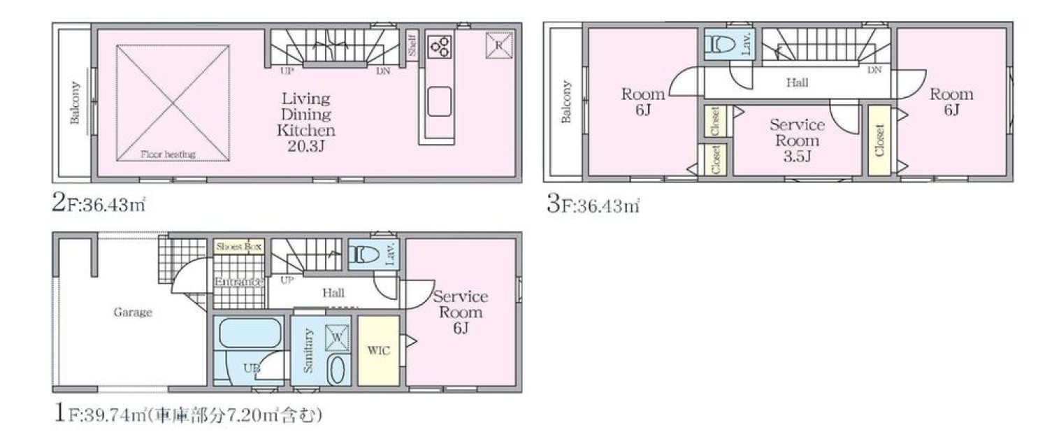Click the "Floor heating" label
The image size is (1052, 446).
pos(168,154)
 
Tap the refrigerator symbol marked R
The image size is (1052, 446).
pos(499,45)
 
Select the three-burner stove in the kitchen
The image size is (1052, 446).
pos(440,46)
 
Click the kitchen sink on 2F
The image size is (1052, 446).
pos(440,101)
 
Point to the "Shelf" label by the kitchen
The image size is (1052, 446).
pos(412,45)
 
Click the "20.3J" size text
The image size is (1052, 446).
pos(306,147)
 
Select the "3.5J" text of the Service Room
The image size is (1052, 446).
pos(797,157)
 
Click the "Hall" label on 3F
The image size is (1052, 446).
pos(798,83)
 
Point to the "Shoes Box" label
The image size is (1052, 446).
pos(238,247)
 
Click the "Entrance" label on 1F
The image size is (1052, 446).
pos(239,282)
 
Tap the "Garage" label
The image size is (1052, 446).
pos(133,312)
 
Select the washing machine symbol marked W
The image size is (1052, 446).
pos(338,338)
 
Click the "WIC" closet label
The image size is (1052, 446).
pos(379,351)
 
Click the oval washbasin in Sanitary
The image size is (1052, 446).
pos(337,371)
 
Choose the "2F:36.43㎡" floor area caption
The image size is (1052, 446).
pos(99,205)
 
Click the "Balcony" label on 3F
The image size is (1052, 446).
pos(567,103)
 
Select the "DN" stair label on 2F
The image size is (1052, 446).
pos(383,72)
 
